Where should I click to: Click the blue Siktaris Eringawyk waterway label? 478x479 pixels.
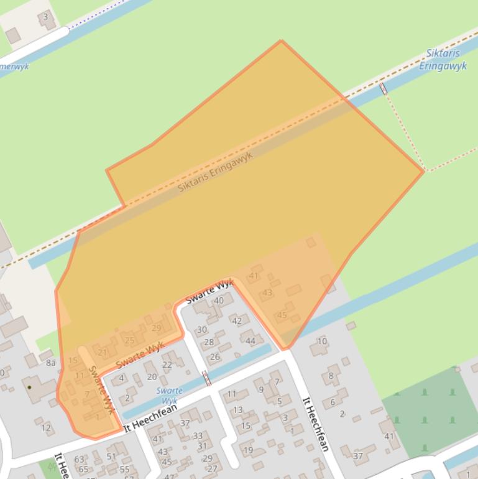point(443,60)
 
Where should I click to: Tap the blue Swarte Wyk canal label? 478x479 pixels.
point(169,396)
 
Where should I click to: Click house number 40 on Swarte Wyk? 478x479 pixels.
point(218,301)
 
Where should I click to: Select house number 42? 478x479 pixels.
point(237,321)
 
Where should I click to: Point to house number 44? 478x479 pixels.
point(250,340)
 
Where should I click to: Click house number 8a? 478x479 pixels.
point(50,363)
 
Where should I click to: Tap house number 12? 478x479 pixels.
point(46,427)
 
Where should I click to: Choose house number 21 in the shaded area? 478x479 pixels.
point(103,352)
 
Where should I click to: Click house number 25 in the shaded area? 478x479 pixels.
point(129,340)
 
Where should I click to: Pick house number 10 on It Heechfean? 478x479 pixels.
point(322,341)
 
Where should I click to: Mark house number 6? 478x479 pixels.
point(332,402)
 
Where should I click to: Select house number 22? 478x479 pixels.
point(167,365)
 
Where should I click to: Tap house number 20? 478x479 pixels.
point(152,376)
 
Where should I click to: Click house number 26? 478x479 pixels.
point(215,356)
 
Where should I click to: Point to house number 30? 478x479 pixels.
point(202,330)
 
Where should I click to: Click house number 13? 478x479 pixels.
point(237,410)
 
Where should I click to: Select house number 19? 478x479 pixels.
point(248,450)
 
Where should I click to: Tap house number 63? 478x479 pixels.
point(79,460)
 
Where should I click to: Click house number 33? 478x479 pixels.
point(198,436)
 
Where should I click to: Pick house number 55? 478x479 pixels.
point(125,470)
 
